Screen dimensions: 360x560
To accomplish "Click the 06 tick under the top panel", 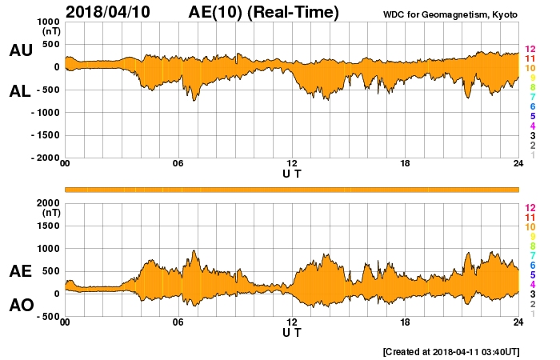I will click(x=178, y=164).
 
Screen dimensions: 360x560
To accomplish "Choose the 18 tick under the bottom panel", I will click(x=405, y=322).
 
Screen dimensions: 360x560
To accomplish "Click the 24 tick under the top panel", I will click(x=518, y=164).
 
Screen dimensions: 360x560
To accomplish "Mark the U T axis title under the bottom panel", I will click(x=291, y=331).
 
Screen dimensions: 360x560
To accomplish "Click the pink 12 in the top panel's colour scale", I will click(x=529, y=49).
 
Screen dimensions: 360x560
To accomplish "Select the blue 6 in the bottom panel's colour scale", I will click(x=529, y=265).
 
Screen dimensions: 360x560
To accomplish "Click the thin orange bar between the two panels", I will click(x=291, y=189).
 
